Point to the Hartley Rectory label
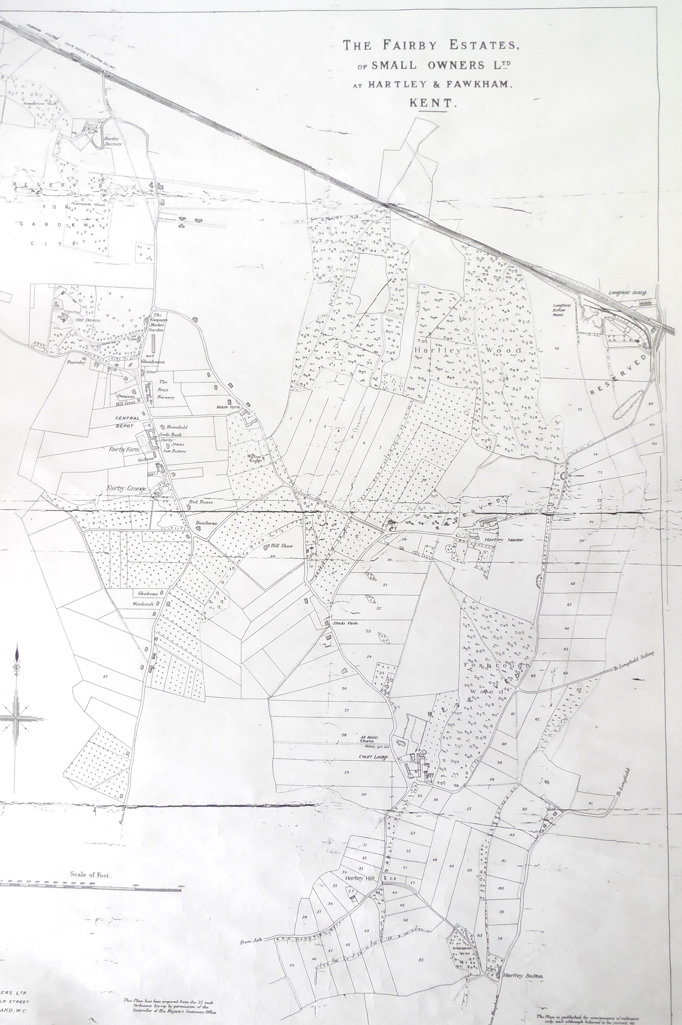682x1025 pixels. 113,141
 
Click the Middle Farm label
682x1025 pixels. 227,407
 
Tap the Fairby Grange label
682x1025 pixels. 127,489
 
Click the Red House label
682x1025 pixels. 201,502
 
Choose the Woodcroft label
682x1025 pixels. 143,604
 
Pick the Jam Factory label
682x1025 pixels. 174,451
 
